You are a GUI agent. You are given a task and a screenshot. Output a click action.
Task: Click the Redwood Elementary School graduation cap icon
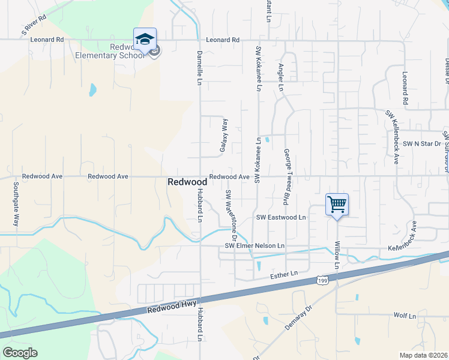[145, 40]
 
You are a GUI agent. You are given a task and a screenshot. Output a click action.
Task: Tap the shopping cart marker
[337, 205]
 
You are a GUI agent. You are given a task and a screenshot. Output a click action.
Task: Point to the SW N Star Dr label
[422, 143]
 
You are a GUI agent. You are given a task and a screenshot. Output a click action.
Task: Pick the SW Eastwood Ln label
[280, 217]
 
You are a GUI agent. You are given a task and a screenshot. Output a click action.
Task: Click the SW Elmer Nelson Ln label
[255, 246]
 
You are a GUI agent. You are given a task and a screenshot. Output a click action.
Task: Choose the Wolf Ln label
[405, 315]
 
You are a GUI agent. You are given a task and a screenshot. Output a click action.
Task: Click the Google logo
[20, 353]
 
